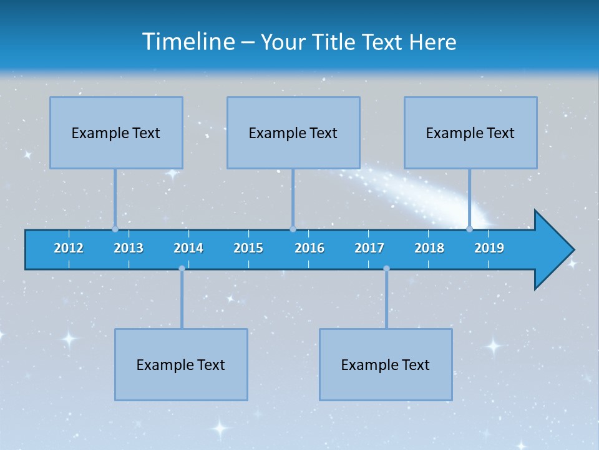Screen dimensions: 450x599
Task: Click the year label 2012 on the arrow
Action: tap(69, 248)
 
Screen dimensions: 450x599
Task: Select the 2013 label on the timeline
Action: tap(129, 248)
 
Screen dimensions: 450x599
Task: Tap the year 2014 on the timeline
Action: tap(188, 248)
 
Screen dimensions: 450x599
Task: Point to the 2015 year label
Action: tap(248, 248)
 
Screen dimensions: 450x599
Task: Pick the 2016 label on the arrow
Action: tap(309, 248)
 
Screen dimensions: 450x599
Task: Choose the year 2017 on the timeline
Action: tap(369, 248)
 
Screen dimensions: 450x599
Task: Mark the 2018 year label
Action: tap(429, 248)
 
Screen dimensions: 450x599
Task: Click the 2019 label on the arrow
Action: tap(489, 248)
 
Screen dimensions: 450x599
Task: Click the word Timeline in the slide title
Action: tap(187, 42)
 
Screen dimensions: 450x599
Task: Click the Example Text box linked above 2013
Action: tap(116, 132)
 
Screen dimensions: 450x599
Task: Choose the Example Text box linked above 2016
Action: tap(293, 132)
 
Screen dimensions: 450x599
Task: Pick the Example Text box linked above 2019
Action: tap(470, 132)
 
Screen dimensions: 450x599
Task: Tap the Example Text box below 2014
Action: tap(181, 364)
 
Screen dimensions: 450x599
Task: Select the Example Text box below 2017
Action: tap(386, 364)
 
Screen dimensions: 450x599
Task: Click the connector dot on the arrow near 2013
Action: tap(115, 229)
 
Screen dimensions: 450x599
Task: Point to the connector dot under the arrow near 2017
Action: tap(386, 269)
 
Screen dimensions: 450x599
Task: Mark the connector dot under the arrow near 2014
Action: tap(182, 269)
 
